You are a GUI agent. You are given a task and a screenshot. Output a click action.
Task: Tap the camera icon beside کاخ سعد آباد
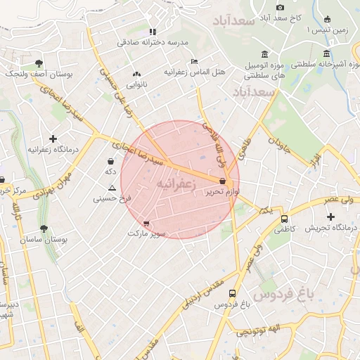[281, 6]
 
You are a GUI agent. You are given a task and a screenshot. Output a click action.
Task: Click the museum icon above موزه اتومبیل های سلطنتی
[264, 54]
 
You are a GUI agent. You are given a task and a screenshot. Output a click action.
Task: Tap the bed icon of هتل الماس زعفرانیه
[195, 61]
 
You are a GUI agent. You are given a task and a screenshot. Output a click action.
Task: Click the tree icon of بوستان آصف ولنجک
[38, 62]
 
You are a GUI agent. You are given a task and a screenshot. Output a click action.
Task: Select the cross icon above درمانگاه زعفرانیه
[53, 139]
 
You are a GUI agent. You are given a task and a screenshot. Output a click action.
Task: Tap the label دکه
[110, 172]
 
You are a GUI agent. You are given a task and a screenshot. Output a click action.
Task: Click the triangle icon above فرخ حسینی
[112, 188]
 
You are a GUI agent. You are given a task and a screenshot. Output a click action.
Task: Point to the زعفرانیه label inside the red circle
[173, 183]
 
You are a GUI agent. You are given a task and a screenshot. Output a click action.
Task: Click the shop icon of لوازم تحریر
[222, 181]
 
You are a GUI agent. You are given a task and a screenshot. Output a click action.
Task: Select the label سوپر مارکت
[147, 233]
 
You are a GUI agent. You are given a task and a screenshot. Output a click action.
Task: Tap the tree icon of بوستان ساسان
[44, 229]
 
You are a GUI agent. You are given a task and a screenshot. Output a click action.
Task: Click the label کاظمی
[285, 229]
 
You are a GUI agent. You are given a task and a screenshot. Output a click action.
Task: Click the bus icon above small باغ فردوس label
[233, 294]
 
